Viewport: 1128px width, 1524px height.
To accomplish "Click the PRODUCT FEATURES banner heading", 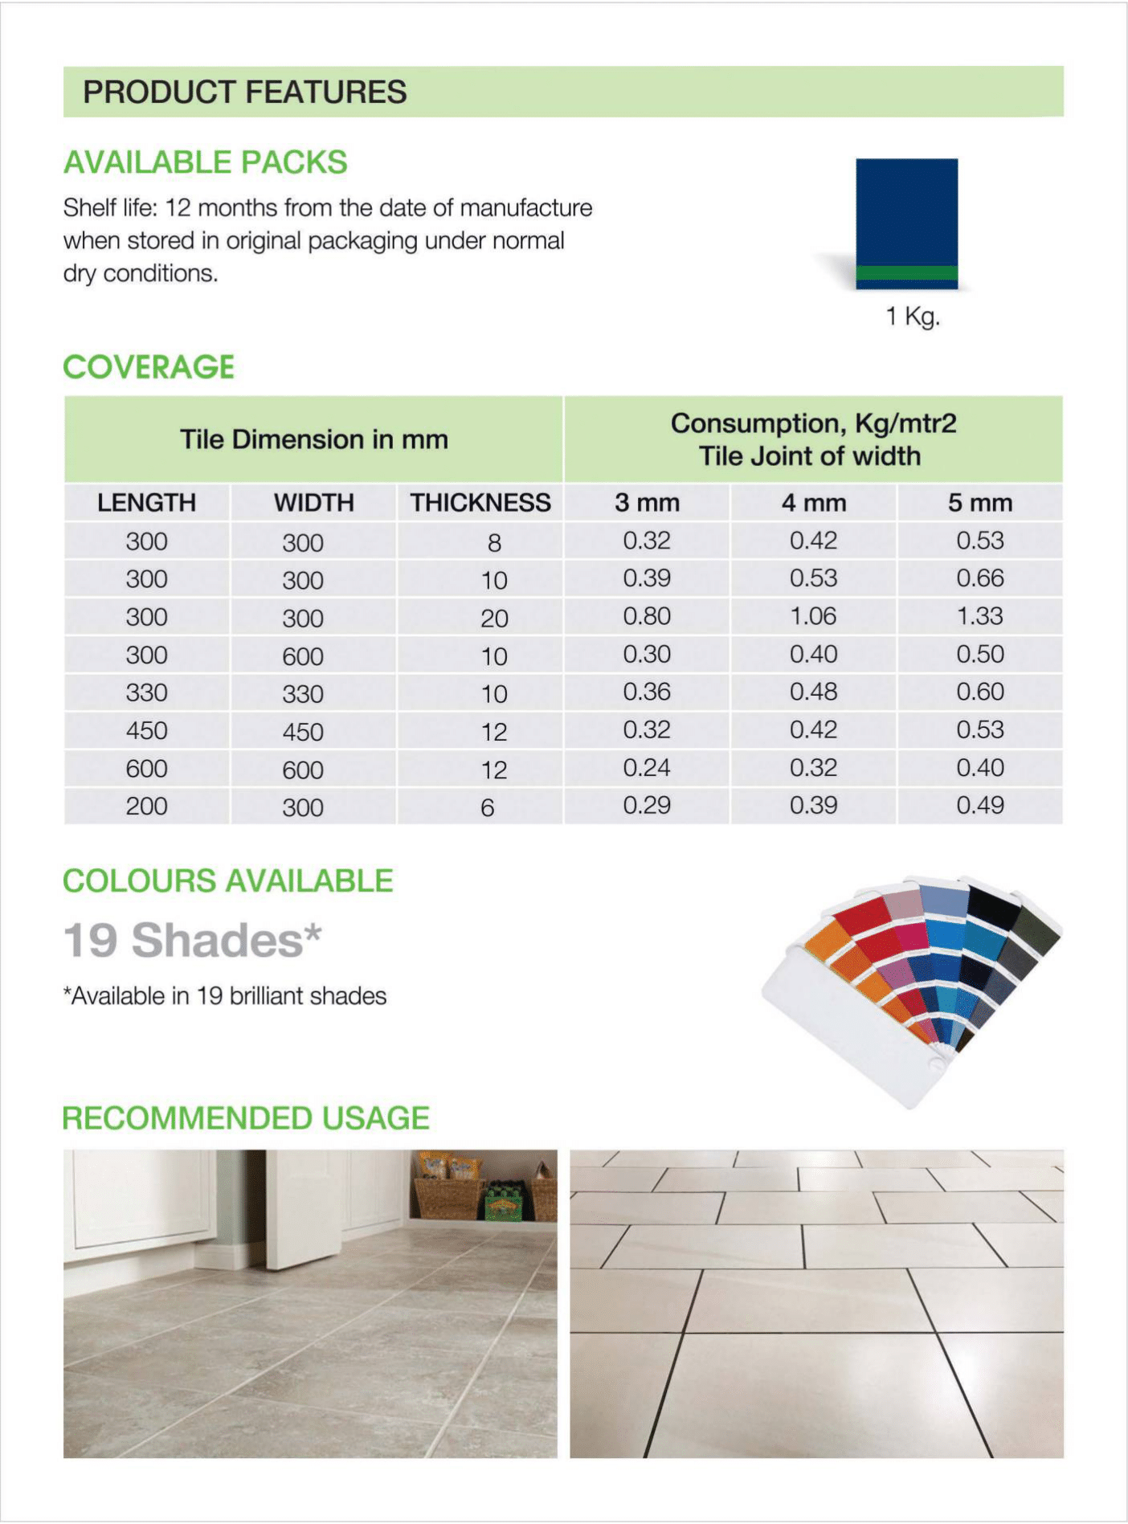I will (x=244, y=92).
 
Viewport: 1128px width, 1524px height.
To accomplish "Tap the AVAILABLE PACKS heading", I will (x=205, y=162).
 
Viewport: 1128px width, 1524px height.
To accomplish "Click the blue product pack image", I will (x=906, y=223).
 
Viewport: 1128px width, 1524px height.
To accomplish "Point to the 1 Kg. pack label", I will (x=913, y=317).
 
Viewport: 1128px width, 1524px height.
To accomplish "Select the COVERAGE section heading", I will (x=149, y=367).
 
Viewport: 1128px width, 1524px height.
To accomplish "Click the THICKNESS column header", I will (x=480, y=503).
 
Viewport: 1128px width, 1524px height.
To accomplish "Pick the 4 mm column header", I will (x=813, y=503).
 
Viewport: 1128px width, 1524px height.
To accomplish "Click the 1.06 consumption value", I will (x=813, y=616).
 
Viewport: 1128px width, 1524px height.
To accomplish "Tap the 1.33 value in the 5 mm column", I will (x=979, y=616).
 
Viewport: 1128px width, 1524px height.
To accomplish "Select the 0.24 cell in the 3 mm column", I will (x=647, y=768).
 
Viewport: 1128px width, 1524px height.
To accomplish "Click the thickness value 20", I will (x=494, y=618).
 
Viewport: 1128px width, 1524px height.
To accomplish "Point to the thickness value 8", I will (x=494, y=543).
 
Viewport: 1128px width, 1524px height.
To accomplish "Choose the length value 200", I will (x=146, y=806).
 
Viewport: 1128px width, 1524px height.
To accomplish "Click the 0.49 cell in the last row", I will (x=979, y=806).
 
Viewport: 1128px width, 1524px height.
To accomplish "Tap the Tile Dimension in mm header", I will (x=313, y=439).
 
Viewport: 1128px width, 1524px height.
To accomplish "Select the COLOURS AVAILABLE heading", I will (x=228, y=881).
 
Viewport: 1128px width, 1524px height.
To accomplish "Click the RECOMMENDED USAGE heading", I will (x=246, y=1118).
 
